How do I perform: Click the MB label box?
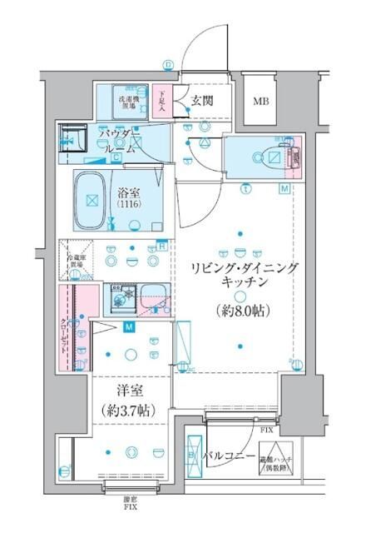coord(261,102)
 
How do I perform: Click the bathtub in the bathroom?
coord(92,201)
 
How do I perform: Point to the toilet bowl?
coord(271,156)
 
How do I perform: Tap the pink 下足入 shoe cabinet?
coord(164,102)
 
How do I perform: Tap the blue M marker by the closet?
coord(130,326)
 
